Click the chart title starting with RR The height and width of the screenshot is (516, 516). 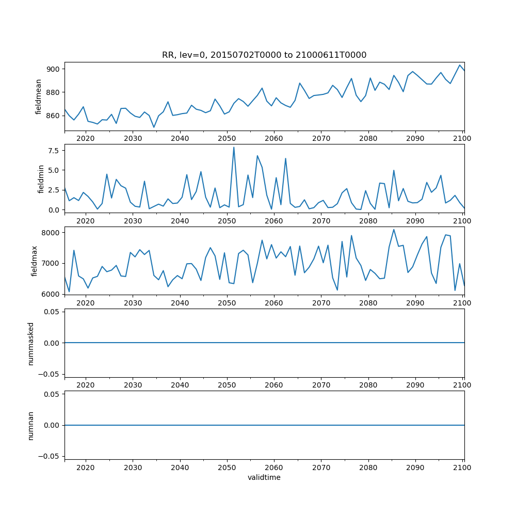[x=264, y=55]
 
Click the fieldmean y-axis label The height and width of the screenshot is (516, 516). [x=38, y=96]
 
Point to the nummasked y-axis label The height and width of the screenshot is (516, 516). [x=30, y=343]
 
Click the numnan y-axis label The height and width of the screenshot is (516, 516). [x=30, y=425]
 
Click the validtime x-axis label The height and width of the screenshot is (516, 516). [x=264, y=477]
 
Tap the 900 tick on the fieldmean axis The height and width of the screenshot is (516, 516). [x=54, y=69]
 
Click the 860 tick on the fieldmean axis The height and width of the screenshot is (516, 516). [x=54, y=116]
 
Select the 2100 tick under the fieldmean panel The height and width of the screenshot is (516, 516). [x=462, y=138]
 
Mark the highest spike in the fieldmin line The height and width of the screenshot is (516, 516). [x=234, y=148]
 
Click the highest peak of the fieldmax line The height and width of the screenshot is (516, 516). [x=394, y=230]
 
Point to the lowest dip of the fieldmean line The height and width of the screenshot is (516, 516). [x=154, y=127]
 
